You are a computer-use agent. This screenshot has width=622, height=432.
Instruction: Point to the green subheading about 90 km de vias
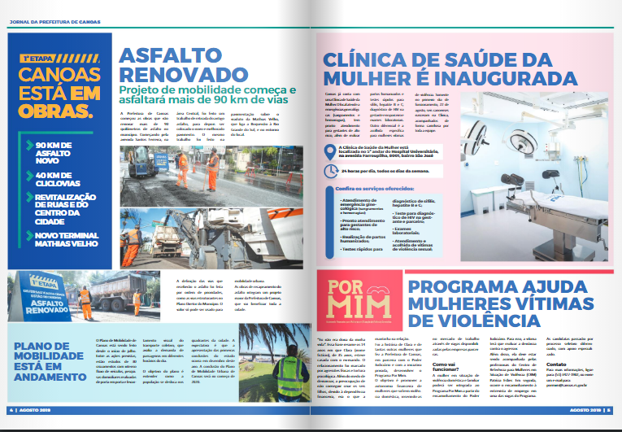pos(207,94)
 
